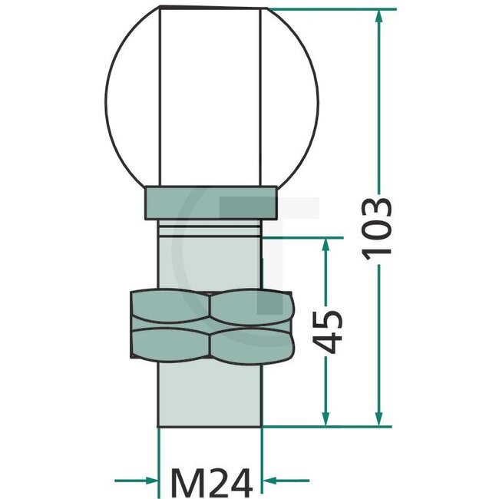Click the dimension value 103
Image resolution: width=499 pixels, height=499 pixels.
(x=379, y=229)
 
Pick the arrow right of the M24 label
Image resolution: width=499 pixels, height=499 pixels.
(x=276, y=482)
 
